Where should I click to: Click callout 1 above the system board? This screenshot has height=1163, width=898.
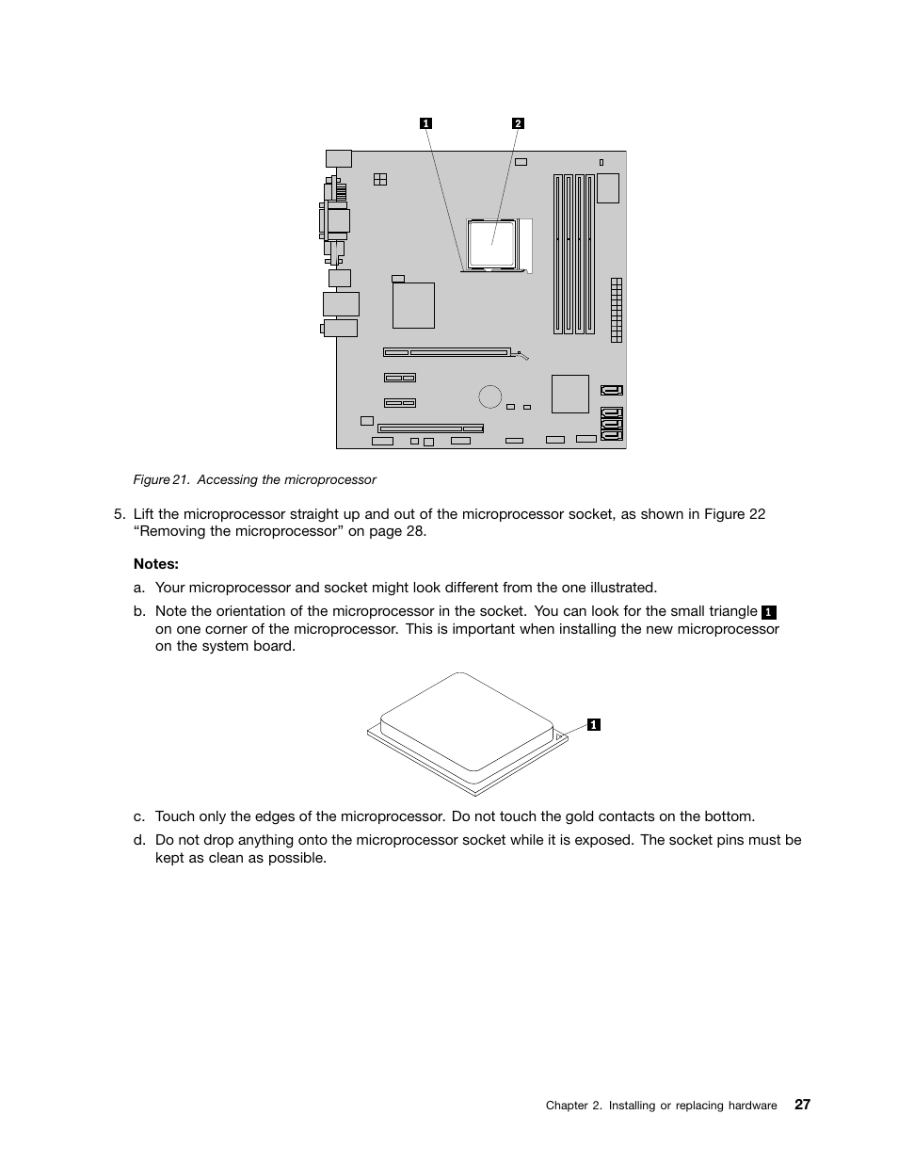tap(425, 123)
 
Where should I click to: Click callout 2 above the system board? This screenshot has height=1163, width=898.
tap(518, 123)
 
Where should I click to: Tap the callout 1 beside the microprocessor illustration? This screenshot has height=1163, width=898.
tap(594, 724)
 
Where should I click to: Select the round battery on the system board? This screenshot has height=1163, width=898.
tap(489, 396)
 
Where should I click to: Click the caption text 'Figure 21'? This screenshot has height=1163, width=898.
tap(161, 480)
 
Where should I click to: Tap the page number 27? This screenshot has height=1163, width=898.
tap(801, 1105)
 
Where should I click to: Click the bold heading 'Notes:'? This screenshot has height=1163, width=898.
tap(156, 564)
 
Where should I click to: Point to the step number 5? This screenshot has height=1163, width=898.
tap(119, 514)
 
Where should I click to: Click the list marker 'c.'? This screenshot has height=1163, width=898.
tap(139, 816)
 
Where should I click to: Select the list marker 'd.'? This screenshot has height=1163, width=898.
tap(139, 840)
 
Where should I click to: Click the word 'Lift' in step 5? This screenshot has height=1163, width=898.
tap(143, 514)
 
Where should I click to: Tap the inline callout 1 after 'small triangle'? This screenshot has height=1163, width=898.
tap(769, 612)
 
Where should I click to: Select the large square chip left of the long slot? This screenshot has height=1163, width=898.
tap(413, 305)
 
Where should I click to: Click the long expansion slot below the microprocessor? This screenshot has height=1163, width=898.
tap(447, 353)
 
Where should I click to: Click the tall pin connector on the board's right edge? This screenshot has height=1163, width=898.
tap(616, 310)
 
